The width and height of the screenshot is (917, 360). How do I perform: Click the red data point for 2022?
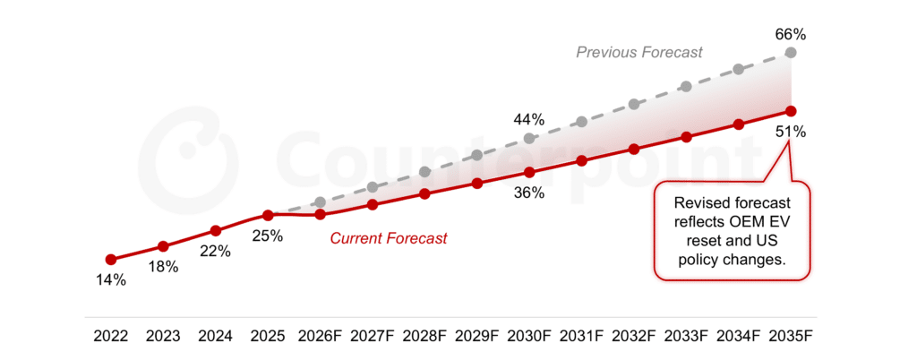coord(110,260)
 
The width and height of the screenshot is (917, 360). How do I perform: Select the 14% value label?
coord(110,280)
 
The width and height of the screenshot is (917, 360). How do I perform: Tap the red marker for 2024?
coord(215,231)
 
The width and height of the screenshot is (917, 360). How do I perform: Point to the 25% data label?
coord(268,236)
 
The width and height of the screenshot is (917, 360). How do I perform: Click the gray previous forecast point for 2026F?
coord(320,202)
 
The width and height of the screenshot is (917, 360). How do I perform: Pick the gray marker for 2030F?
coord(529,138)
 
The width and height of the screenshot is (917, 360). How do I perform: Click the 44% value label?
coord(529,117)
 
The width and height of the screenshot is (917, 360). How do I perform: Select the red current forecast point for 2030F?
coord(529,172)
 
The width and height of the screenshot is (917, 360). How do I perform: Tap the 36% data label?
coord(529,193)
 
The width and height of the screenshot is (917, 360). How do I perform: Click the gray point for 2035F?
coord(791,53)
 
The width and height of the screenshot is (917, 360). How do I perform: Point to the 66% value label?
coord(791,35)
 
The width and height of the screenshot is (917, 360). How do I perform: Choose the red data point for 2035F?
coord(791,111)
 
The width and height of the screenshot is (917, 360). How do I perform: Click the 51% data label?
coord(791,132)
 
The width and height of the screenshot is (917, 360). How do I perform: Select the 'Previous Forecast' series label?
coord(638,53)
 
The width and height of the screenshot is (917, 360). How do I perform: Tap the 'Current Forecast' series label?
coord(389,238)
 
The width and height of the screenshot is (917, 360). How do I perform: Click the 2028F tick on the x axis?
coord(424,337)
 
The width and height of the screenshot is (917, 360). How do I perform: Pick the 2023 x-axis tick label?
coord(163,337)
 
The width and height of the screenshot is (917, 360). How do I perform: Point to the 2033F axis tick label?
coord(686,337)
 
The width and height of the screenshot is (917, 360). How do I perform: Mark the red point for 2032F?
coord(634,149)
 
